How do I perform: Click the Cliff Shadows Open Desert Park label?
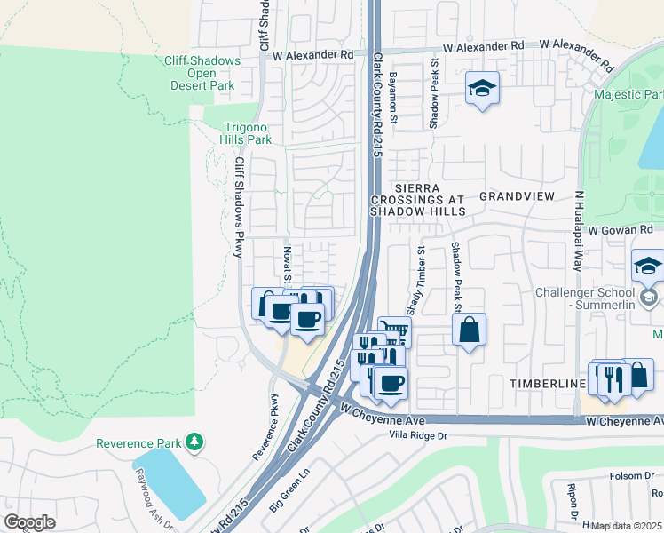pos(202,73)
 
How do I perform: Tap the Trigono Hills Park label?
pos(246,133)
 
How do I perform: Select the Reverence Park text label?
pos(138,442)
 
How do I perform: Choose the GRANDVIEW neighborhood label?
pos(517,195)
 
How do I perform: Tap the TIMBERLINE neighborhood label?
pos(545,383)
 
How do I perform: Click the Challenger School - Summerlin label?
pos(586,299)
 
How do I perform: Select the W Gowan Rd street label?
pos(620,230)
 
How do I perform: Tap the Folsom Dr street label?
pos(629,476)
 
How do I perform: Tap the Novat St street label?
pos(287,266)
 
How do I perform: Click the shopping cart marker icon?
pos(394,331)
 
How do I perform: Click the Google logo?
pos(29,521)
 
